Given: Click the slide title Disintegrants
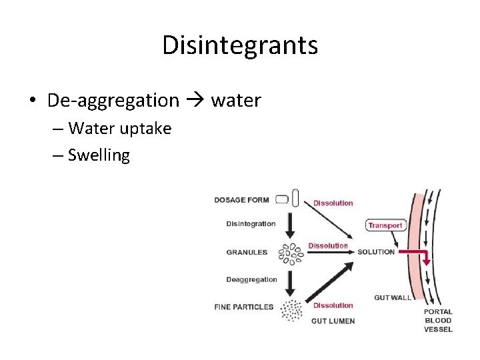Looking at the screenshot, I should [x=239, y=45].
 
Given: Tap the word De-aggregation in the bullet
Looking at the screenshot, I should [x=113, y=101].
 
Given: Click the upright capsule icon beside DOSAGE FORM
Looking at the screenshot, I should [x=295, y=198].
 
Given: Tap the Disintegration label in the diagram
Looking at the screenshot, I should [x=251, y=224].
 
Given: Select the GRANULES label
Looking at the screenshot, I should [x=247, y=252].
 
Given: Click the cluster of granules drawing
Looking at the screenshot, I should [x=291, y=253].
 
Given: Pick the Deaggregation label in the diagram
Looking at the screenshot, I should [x=251, y=279].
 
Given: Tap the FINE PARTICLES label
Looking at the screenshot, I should [x=244, y=307].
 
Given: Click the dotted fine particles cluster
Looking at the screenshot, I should [x=291, y=309].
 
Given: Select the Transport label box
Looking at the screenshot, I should [x=385, y=225].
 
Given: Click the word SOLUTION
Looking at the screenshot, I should [x=376, y=252].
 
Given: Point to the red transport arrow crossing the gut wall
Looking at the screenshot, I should [x=417, y=253].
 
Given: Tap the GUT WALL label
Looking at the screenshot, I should [x=393, y=297].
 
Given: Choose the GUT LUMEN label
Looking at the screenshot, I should [x=333, y=321].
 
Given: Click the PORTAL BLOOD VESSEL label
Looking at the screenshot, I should [x=438, y=320].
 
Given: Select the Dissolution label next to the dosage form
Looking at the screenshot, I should [x=333, y=203].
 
